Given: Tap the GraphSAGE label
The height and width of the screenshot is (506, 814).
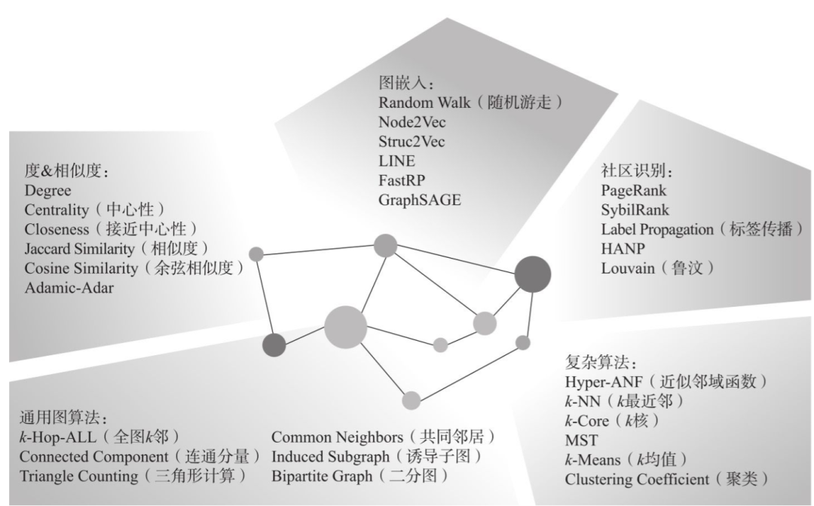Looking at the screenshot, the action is point(419,200).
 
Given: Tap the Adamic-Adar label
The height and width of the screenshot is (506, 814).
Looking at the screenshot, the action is point(69,288).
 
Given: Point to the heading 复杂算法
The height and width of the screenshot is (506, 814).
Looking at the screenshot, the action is point(592,360).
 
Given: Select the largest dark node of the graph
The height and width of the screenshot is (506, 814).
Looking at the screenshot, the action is point(533,274).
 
